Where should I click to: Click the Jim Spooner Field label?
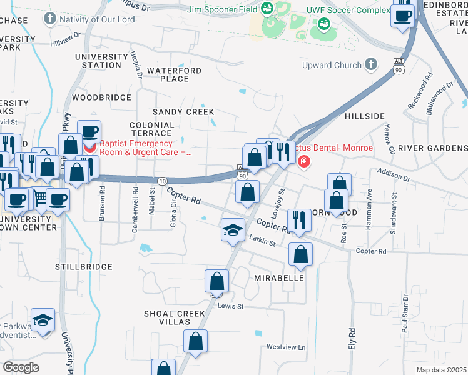pyautogui.click(x=223, y=9)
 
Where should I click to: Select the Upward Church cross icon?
pyautogui.click(x=371, y=64)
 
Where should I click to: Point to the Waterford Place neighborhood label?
pyautogui.click(x=175, y=74)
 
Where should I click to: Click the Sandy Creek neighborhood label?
pyautogui.click(x=183, y=111)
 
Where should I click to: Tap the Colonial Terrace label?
pyautogui.click(x=151, y=129)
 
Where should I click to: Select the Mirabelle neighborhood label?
pyautogui.click(x=279, y=277)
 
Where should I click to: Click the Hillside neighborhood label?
pyautogui.click(x=364, y=116)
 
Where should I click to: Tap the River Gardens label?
pyautogui.click(x=432, y=148)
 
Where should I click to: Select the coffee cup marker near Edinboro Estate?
pyautogui.click(x=403, y=15)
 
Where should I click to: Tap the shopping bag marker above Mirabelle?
pyautogui.click(x=301, y=254)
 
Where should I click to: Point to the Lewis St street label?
pyautogui.click(x=230, y=306)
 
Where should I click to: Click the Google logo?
pyautogui.click(x=21, y=367)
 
